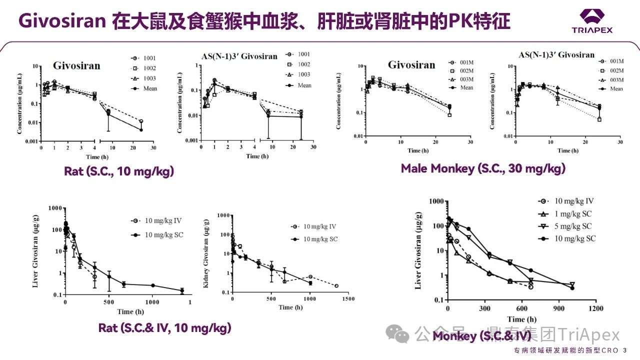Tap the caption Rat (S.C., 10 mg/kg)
click(x=119, y=171)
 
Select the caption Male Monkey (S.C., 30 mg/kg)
click(x=483, y=168)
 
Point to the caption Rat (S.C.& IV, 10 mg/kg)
click(x=164, y=328)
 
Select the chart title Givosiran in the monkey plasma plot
click(x=411, y=65)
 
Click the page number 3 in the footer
click(x=625, y=350)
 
